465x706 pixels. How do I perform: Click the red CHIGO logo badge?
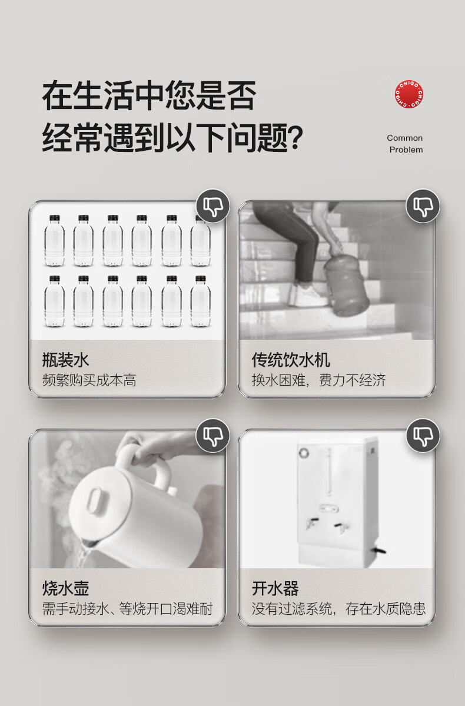(x=408, y=95)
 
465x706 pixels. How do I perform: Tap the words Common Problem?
(x=405, y=144)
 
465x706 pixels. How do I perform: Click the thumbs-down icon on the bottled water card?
(x=212, y=206)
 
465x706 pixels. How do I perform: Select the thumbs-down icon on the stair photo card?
(x=423, y=206)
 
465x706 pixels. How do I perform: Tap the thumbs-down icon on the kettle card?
(x=212, y=435)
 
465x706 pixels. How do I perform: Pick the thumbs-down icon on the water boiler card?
(x=423, y=435)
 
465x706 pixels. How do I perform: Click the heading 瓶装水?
(x=66, y=360)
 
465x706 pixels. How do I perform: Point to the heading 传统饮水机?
(x=291, y=360)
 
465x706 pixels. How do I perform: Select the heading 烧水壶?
(x=66, y=588)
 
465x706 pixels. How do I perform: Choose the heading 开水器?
(x=275, y=588)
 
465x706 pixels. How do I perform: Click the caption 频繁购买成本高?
(x=89, y=380)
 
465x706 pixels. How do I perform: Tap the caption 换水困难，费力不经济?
(x=318, y=380)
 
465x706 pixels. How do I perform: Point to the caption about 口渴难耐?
(x=127, y=609)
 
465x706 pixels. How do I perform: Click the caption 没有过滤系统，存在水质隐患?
(x=338, y=609)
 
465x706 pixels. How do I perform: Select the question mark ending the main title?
(x=295, y=137)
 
